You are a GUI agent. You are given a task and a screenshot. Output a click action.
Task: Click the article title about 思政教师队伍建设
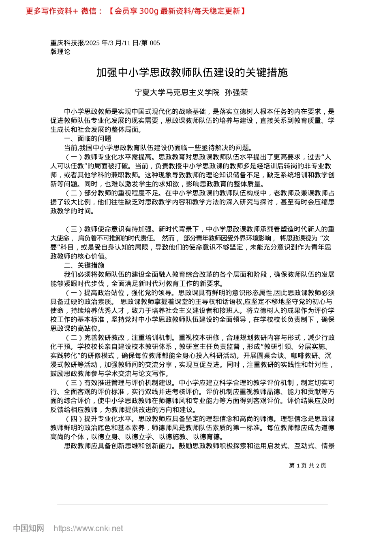pyautogui.click(x=192, y=72)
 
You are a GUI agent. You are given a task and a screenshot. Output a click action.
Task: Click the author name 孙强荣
pyautogui.click(x=236, y=93)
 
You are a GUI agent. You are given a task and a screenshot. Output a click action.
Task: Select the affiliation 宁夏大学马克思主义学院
pyautogui.click(x=177, y=93)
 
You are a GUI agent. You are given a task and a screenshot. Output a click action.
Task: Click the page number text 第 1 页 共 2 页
pyautogui.click(x=308, y=465)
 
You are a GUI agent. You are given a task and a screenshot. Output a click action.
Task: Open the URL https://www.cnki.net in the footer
pyautogui.click(x=88, y=528)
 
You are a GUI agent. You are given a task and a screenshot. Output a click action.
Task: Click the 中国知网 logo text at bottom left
pyautogui.click(x=28, y=528)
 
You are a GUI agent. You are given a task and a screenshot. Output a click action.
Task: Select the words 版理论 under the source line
pyautogui.click(x=60, y=52)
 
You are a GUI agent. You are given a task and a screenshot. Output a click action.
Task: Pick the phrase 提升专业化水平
pyautogui.click(x=109, y=419)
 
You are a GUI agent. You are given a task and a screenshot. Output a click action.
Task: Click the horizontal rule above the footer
pyautogui.click(x=192, y=504)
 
